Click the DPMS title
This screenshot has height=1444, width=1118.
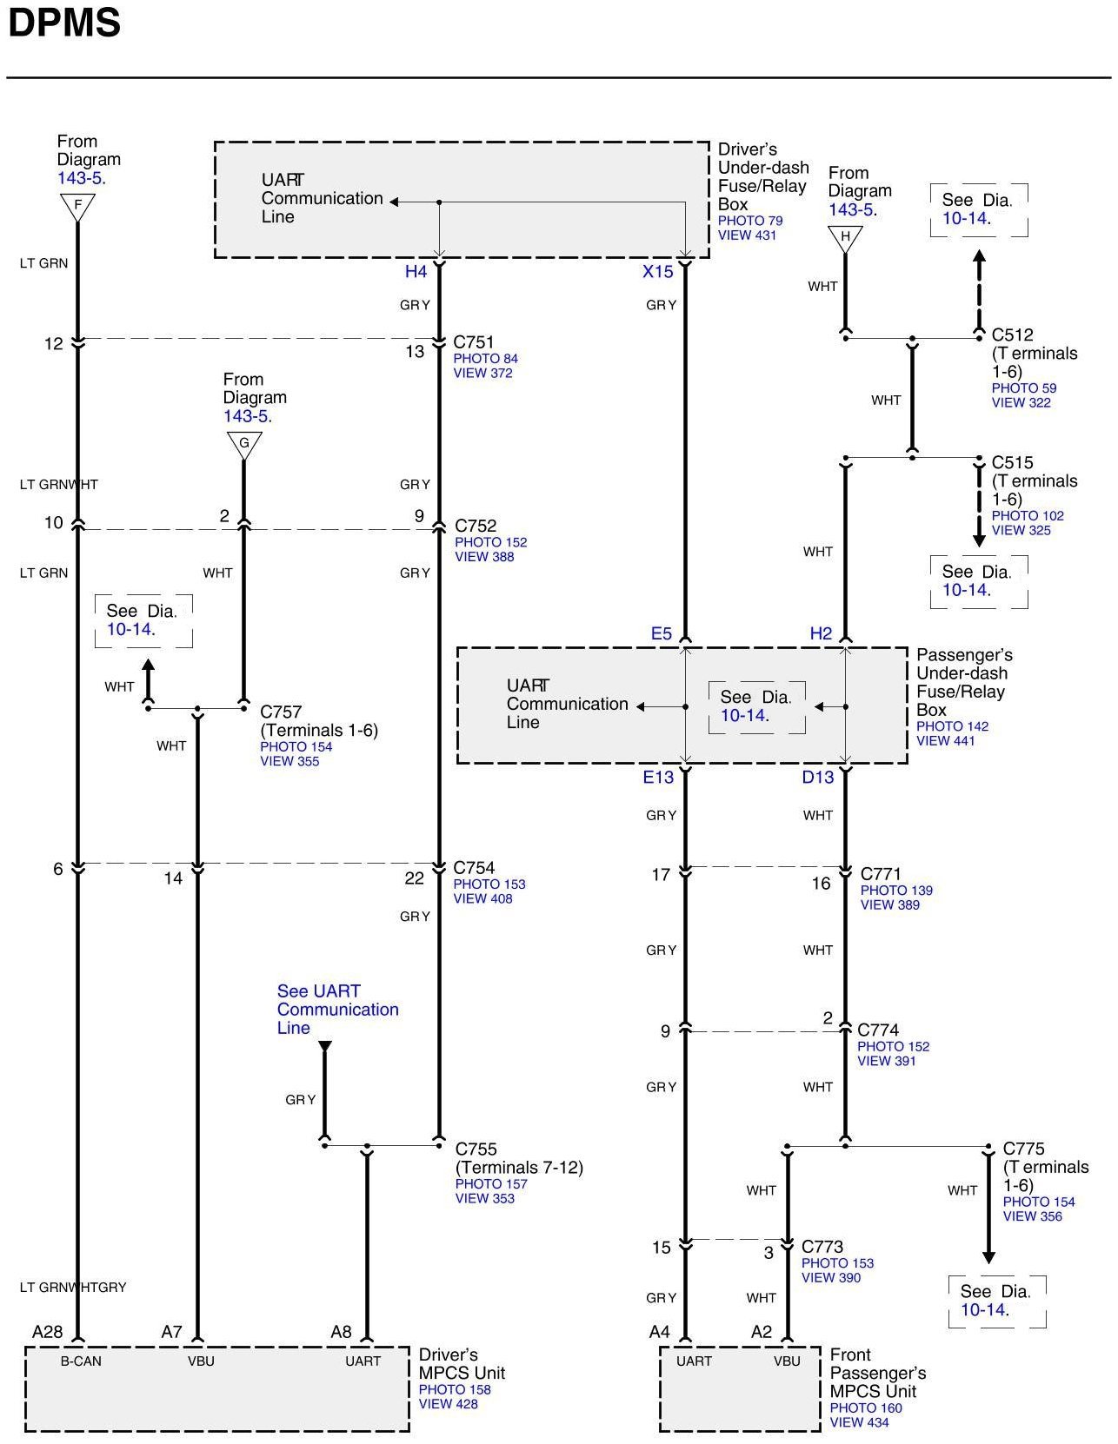(x=64, y=23)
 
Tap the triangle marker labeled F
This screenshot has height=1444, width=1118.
(x=78, y=206)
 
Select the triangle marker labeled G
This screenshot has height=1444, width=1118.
(x=244, y=444)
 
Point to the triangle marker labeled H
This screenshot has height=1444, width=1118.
(x=845, y=236)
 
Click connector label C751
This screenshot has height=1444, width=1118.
(x=474, y=342)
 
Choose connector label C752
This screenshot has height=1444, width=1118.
(x=476, y=526)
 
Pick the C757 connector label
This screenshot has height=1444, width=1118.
(x=281, y=712)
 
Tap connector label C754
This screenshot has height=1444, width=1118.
(x=474, y=868)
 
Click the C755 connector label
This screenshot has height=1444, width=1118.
(x=476, y=1149)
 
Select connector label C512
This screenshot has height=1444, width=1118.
(x=1013, y=335)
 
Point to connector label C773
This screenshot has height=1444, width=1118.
(x=822, y=1247)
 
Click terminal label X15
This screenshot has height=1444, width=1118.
(x=658, y=272)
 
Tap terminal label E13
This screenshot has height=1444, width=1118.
(x=658, y=778)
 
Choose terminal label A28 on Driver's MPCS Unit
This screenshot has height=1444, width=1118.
(x=48, y=1332)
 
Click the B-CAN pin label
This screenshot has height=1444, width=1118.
(x=81, y=1361)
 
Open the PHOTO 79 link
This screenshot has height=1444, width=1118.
(x=750, y=221)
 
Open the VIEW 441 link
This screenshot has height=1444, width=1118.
(x=945, y=741)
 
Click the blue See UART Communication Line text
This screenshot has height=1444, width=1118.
(x=337, y=1010)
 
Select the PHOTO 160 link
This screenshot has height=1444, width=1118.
(x=866, y=1408)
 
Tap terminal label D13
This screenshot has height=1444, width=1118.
(x=818, y=778)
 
